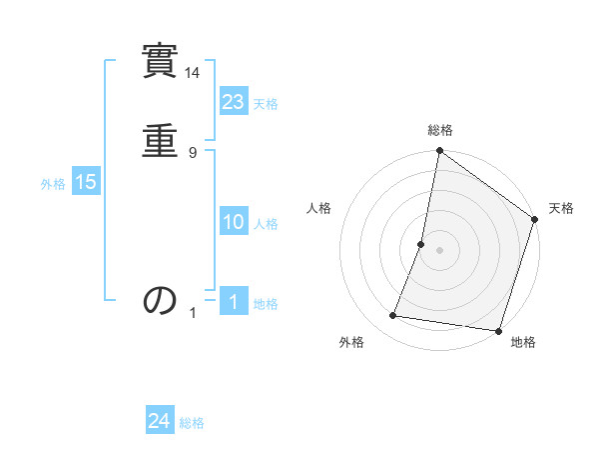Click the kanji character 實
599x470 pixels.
pos(161,62)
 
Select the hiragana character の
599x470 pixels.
pos(161,300)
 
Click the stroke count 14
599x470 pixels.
pos(194,73)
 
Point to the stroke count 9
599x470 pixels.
pos(193,152)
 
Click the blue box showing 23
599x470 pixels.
pos(234,102)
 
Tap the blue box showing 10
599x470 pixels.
pos(234,222)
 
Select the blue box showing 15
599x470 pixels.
pos(85,182)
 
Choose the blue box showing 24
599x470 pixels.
pos(160,421)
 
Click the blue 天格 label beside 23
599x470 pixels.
pos(266,104)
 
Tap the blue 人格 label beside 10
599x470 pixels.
pos(266,224)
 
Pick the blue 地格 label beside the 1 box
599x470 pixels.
pos(266,304)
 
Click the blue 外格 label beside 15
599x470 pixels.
pos(53,184)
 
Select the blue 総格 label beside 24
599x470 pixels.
pos(192,423)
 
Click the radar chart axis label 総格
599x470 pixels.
pos(440,130)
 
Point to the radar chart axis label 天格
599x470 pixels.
pos(562,208)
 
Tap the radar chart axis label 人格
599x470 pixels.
pos(318,208)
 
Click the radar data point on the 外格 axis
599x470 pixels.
pos(393,316)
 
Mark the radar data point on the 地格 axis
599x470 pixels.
pos(498,331)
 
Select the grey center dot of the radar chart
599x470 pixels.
pos(439,250)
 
